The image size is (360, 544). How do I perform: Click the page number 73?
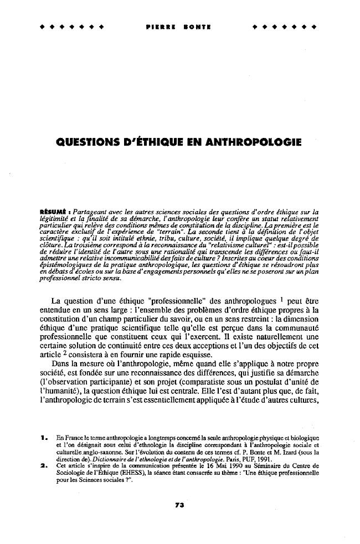point(179,505)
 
